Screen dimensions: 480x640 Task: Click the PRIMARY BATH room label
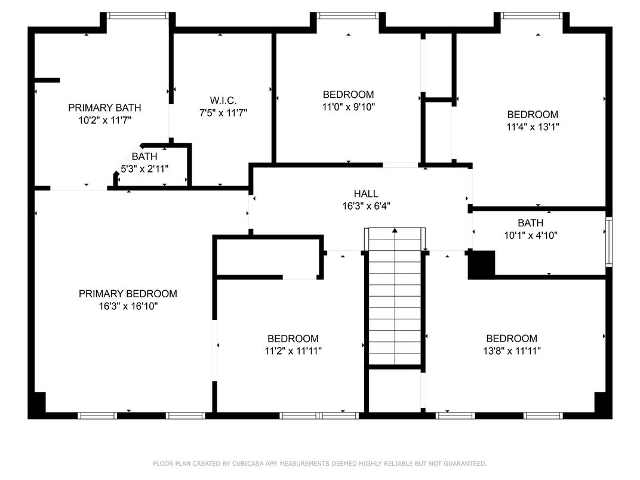tap(104, 108)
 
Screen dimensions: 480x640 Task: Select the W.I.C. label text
tap(223, 100)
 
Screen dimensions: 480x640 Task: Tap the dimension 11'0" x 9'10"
tap(348, 107)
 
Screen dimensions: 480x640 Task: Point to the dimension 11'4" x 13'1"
tap(533, 127)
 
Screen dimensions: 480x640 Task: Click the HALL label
tap(365, 194)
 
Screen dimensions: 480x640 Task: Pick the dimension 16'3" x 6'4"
tap(365, 206)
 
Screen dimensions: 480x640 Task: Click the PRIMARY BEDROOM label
tap(128, 294)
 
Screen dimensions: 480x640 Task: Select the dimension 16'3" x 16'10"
tap(128, 306)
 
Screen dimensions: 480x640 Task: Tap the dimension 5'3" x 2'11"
tap(144, 169)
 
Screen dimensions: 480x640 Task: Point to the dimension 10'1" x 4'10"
tap(530, 235)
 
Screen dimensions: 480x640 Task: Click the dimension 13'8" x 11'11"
tap(511, 351)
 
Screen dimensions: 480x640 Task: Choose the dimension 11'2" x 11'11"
tap(293, 351)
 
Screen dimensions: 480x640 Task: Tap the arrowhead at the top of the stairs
tap(395, 230)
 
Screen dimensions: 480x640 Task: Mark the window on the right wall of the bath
tap(608, 242)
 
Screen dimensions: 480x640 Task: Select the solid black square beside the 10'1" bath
tap(482, 264)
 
